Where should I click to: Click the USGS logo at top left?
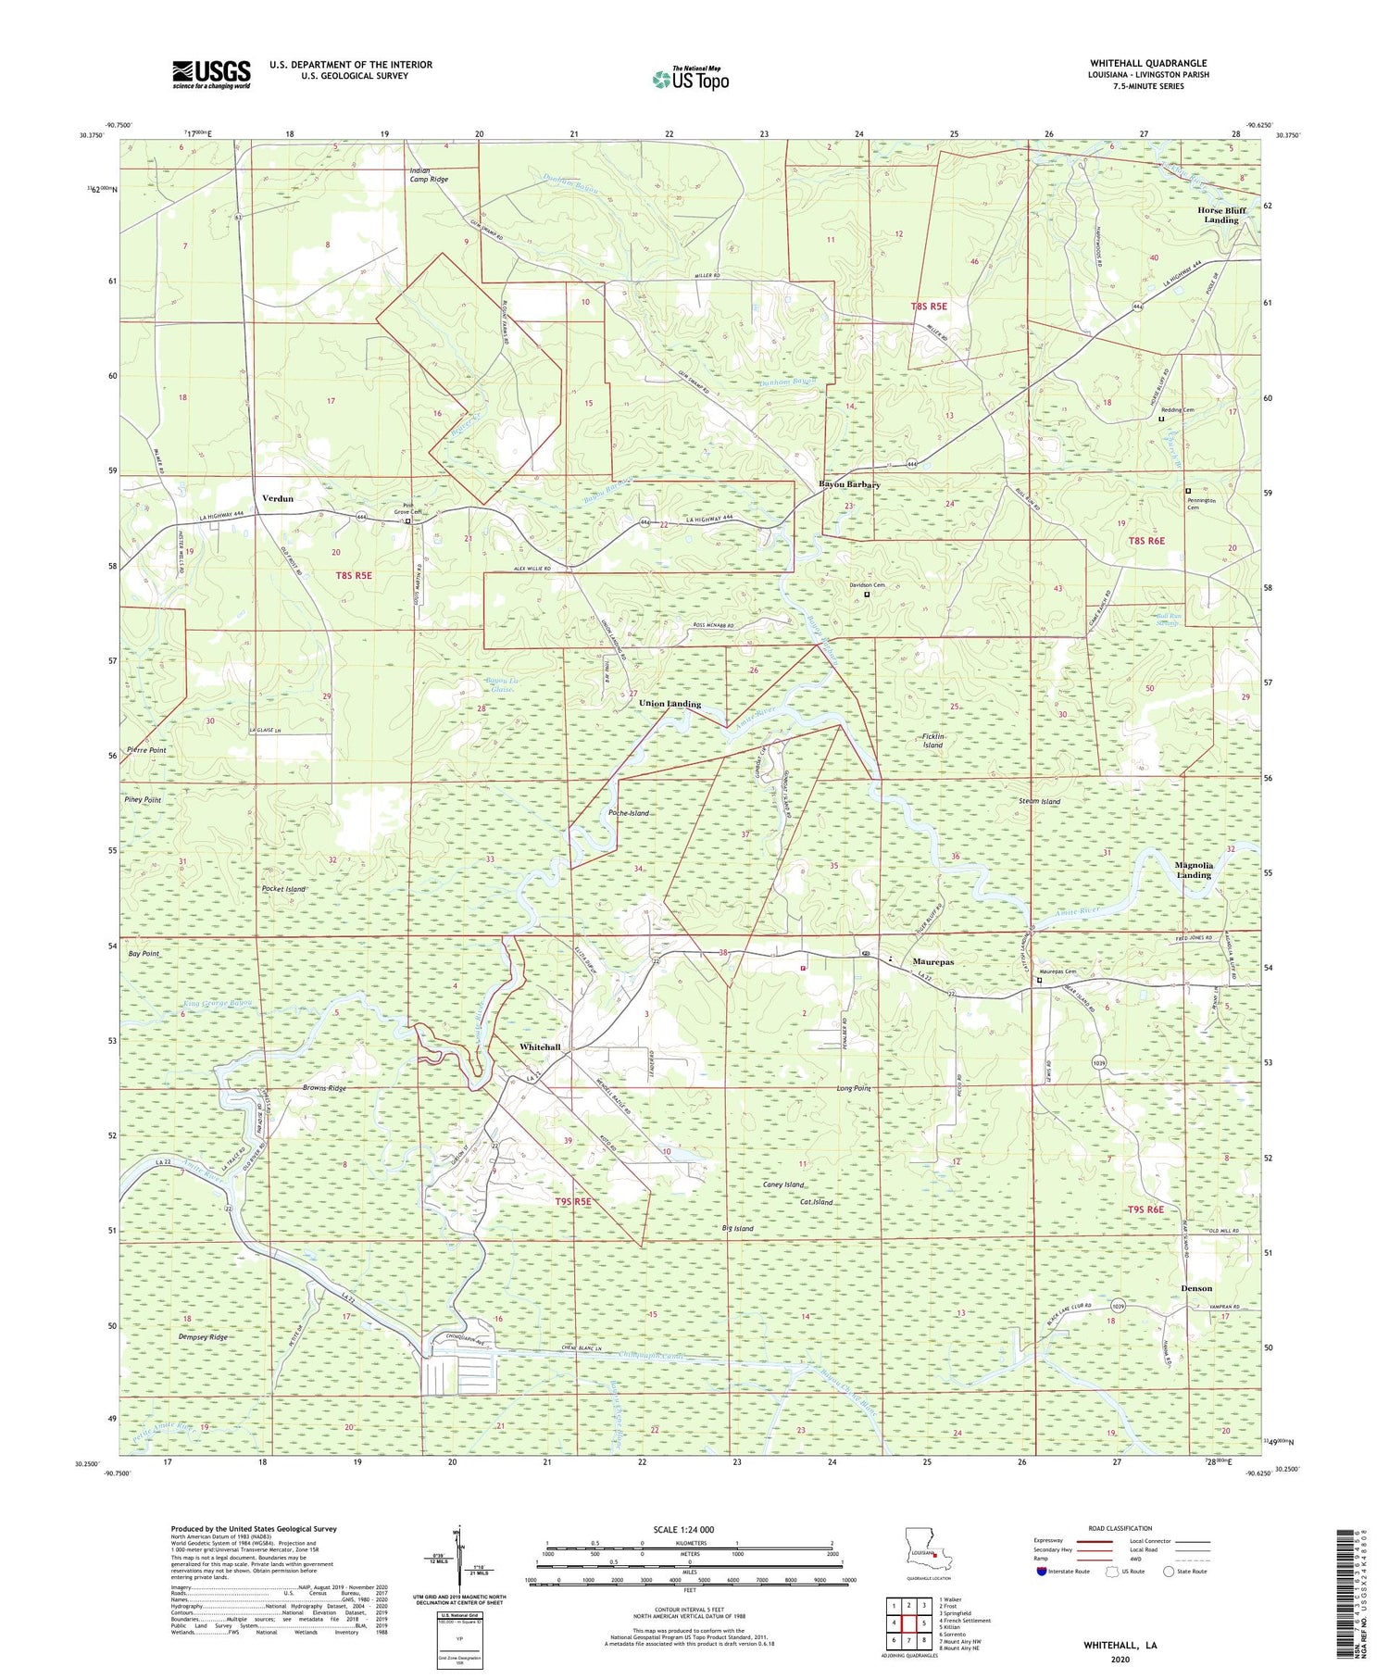tap(211, 74)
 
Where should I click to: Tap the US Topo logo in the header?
tap(691, 80)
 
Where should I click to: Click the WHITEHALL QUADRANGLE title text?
tap(1149, 63)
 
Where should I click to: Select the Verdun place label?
tap(278, 498)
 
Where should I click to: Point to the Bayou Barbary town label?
tap(849, 484)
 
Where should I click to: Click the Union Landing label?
tap(669, 704)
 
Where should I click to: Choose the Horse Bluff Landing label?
tap(1220, 215)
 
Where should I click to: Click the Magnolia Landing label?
tap(1193, 870)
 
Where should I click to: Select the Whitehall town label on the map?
tap(540, 1046)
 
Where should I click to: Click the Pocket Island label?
tap(283, 889)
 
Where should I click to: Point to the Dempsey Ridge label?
tap(203, 1337)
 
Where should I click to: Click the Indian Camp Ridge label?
tap(429, 174)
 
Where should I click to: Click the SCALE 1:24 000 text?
tap(675, 1529)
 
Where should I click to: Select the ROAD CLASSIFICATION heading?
tap(1120, 1528)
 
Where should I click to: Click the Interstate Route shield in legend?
tap(1042, 1571)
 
